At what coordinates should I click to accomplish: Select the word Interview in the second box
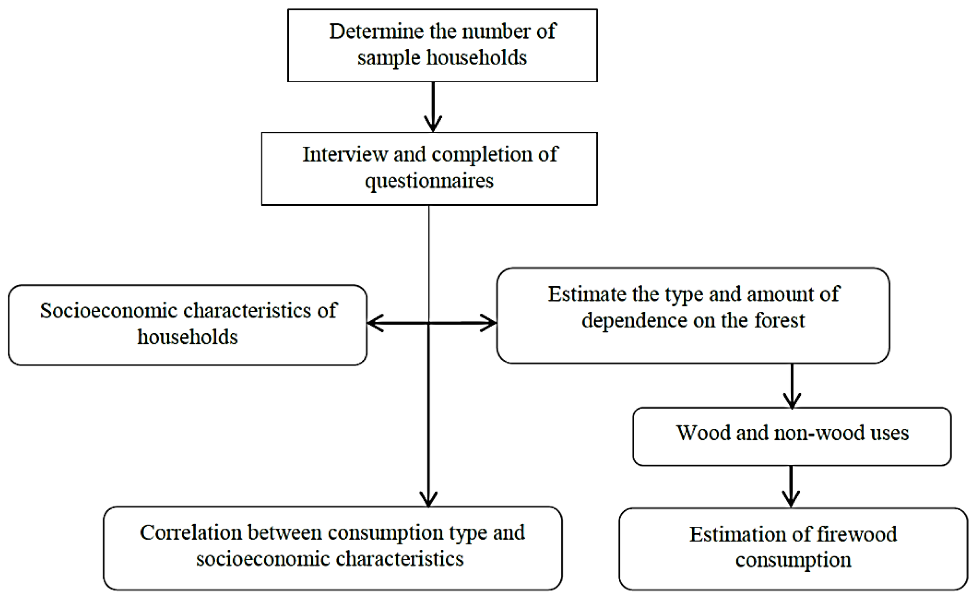pyautogui.click(x=345, y=154)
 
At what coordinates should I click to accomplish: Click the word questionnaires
pyautogui.click(x=429, y=181)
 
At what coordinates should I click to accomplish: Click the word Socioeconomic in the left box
pyautogui.click(x=108, y=311)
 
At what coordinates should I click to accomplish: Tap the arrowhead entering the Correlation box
pyautogui.click(x=429, y=499)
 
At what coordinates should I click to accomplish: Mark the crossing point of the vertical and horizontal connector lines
pyautogui.click(x=429, y=323)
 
